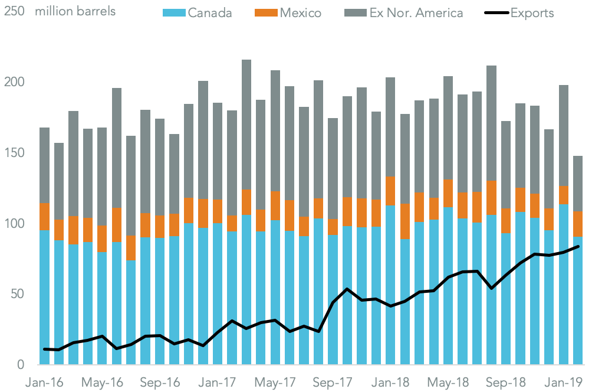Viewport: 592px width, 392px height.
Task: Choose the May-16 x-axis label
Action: click(103, 382)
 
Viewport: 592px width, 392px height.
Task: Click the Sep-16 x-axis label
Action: click(161, 382)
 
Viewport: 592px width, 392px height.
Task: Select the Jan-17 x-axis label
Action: click(219, 382)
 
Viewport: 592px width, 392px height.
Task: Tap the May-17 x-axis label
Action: click(277, 382)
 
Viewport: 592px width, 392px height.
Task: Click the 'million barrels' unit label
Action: click(75, 11)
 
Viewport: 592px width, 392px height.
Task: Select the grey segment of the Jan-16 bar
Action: click(45, 165)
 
